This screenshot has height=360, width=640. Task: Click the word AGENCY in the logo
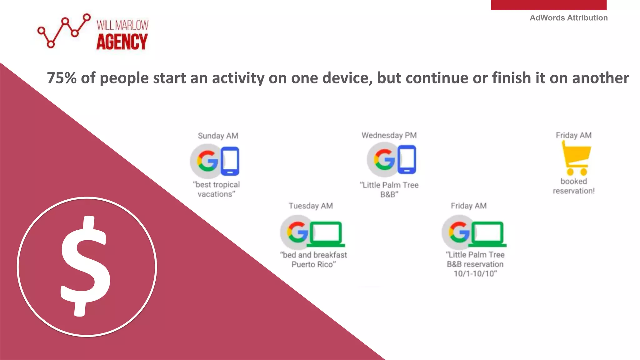[x=122, y=42]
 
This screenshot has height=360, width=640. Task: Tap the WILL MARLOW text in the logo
[x=122, y=25]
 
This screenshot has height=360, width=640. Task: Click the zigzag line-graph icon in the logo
[x=64, y=31]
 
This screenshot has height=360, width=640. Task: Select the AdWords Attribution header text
[x=568, y=18]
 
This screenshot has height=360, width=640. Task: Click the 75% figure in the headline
[x=62, y=78]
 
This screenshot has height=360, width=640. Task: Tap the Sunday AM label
[x=218, y=136]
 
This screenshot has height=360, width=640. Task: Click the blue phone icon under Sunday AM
[x=230, y=161]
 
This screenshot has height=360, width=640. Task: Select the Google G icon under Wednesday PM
[x=384, y=159]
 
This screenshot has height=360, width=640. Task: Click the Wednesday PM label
[x=389, y=135]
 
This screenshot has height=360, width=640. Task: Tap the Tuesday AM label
[x=311, y=206]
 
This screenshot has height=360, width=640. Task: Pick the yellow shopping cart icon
[x=576, y=158]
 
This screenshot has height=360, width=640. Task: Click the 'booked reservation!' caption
[x=573, y=186]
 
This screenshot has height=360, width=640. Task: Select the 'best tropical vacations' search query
[x=217, y=189]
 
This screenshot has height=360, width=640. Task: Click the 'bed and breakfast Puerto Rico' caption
[x=313, y=260]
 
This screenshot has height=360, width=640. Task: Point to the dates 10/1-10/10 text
[x=475, y=274]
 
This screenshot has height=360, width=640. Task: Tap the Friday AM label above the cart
[x=573, y=135]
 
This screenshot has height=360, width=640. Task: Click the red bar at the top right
[x=548, y=5]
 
